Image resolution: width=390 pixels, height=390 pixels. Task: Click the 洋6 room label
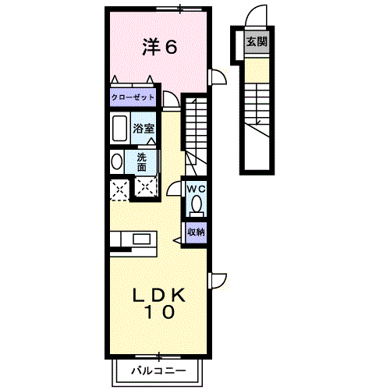(160, 47)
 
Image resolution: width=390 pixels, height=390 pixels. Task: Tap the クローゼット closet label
(133, 98)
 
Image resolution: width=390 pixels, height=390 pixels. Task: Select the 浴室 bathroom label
(143, 129)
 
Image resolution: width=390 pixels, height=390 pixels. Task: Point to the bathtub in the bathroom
(120, 128)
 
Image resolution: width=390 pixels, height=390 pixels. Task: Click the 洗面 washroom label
(142, 161)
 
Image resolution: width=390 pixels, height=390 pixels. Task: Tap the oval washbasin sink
(117, 161)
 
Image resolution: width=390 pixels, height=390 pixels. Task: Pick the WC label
(196, 189)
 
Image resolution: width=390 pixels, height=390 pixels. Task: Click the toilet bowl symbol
(197, 206)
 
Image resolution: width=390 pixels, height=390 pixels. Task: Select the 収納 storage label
(196, 231)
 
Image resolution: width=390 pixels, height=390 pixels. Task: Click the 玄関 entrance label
(256, 42)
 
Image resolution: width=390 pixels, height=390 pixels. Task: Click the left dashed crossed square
(119, 188)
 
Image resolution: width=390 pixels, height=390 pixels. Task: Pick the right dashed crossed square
(145, 186)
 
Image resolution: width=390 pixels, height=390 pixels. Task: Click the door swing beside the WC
(174, 188)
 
